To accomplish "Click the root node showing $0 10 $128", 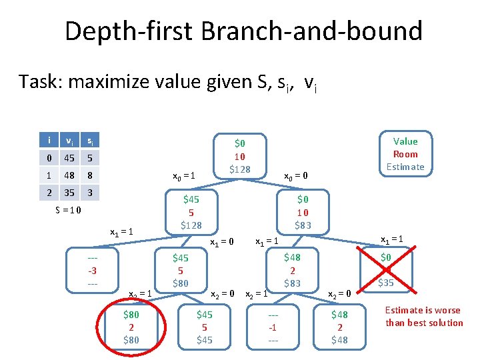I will point(240,156).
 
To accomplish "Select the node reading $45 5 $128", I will point(192,211).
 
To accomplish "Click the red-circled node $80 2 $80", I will point(131,327).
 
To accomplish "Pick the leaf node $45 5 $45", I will point(205,327).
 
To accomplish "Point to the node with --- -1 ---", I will point(273,327).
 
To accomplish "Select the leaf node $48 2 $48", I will point(339,327).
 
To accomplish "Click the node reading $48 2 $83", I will point(292,270).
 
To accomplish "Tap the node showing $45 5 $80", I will point(181,270).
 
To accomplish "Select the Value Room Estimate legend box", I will point(405,153).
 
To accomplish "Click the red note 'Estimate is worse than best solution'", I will point(424,317).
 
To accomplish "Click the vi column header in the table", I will point(69,141).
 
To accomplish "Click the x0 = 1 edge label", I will point(183,177).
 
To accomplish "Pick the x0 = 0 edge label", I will point(295,177).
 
